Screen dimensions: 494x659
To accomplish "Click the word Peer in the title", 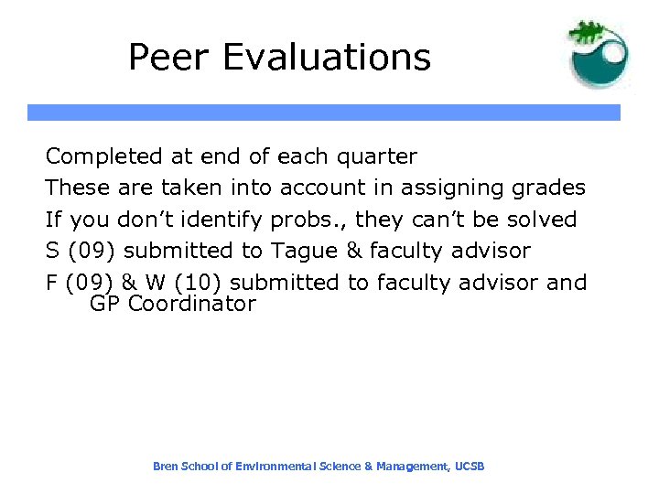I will (x=164, y=57).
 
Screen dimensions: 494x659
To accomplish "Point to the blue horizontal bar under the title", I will (x=323, y=113).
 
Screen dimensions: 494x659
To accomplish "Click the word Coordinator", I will (x=192, y=304).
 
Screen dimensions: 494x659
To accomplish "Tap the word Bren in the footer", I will (x=165, y=467).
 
